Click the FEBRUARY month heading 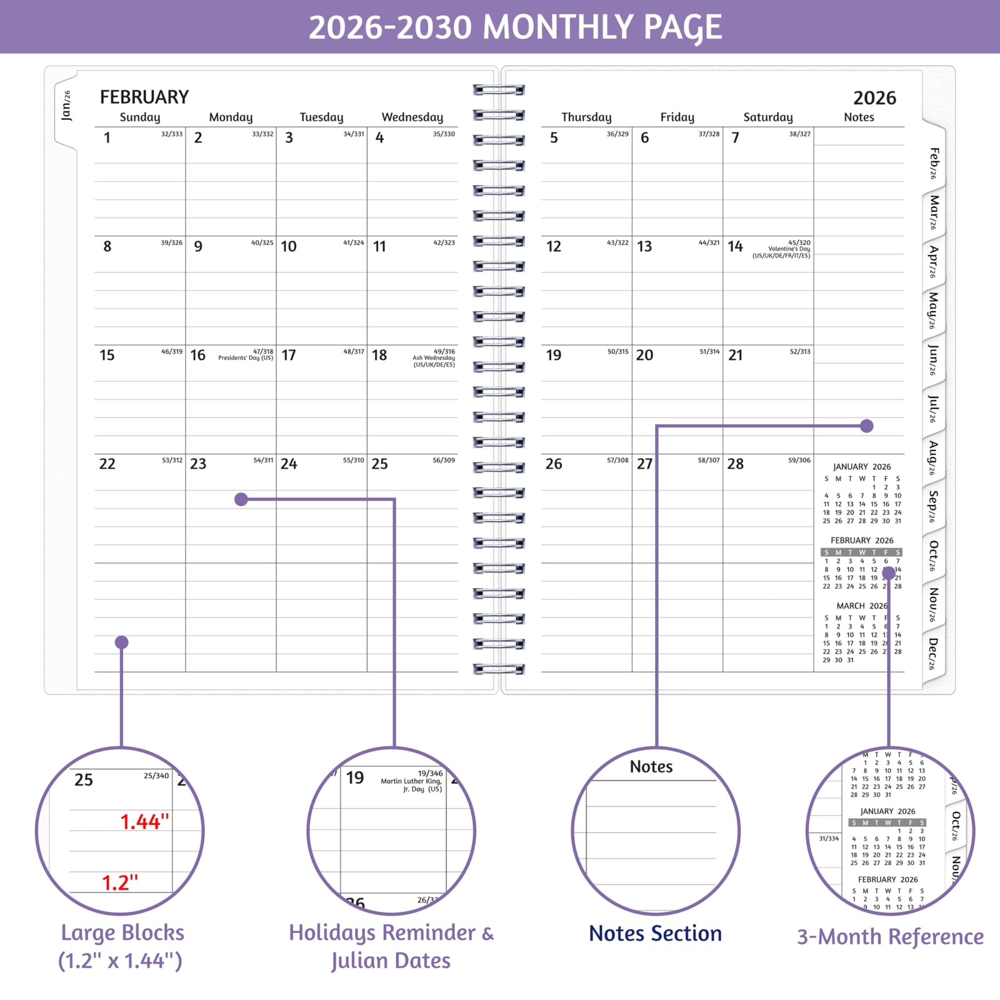click(144, 97)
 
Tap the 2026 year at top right click(874, 98)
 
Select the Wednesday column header click(412, 117)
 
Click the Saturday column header click(768, 117)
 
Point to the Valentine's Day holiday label click(789, 249)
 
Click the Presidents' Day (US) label click(246, 358)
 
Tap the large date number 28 click(736, 464)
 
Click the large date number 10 click(289, 246)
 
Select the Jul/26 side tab click(933, 409)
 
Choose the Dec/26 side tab click(933, 654)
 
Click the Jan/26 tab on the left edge click(66, 105)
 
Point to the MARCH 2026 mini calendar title click(862, 606)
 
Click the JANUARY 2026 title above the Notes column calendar click(862, 467)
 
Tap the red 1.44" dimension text click(144, 822)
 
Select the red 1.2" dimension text click(119, 883)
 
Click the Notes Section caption click(655, 933)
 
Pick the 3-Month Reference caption click(890, 937)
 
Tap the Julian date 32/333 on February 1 click(172, 134)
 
